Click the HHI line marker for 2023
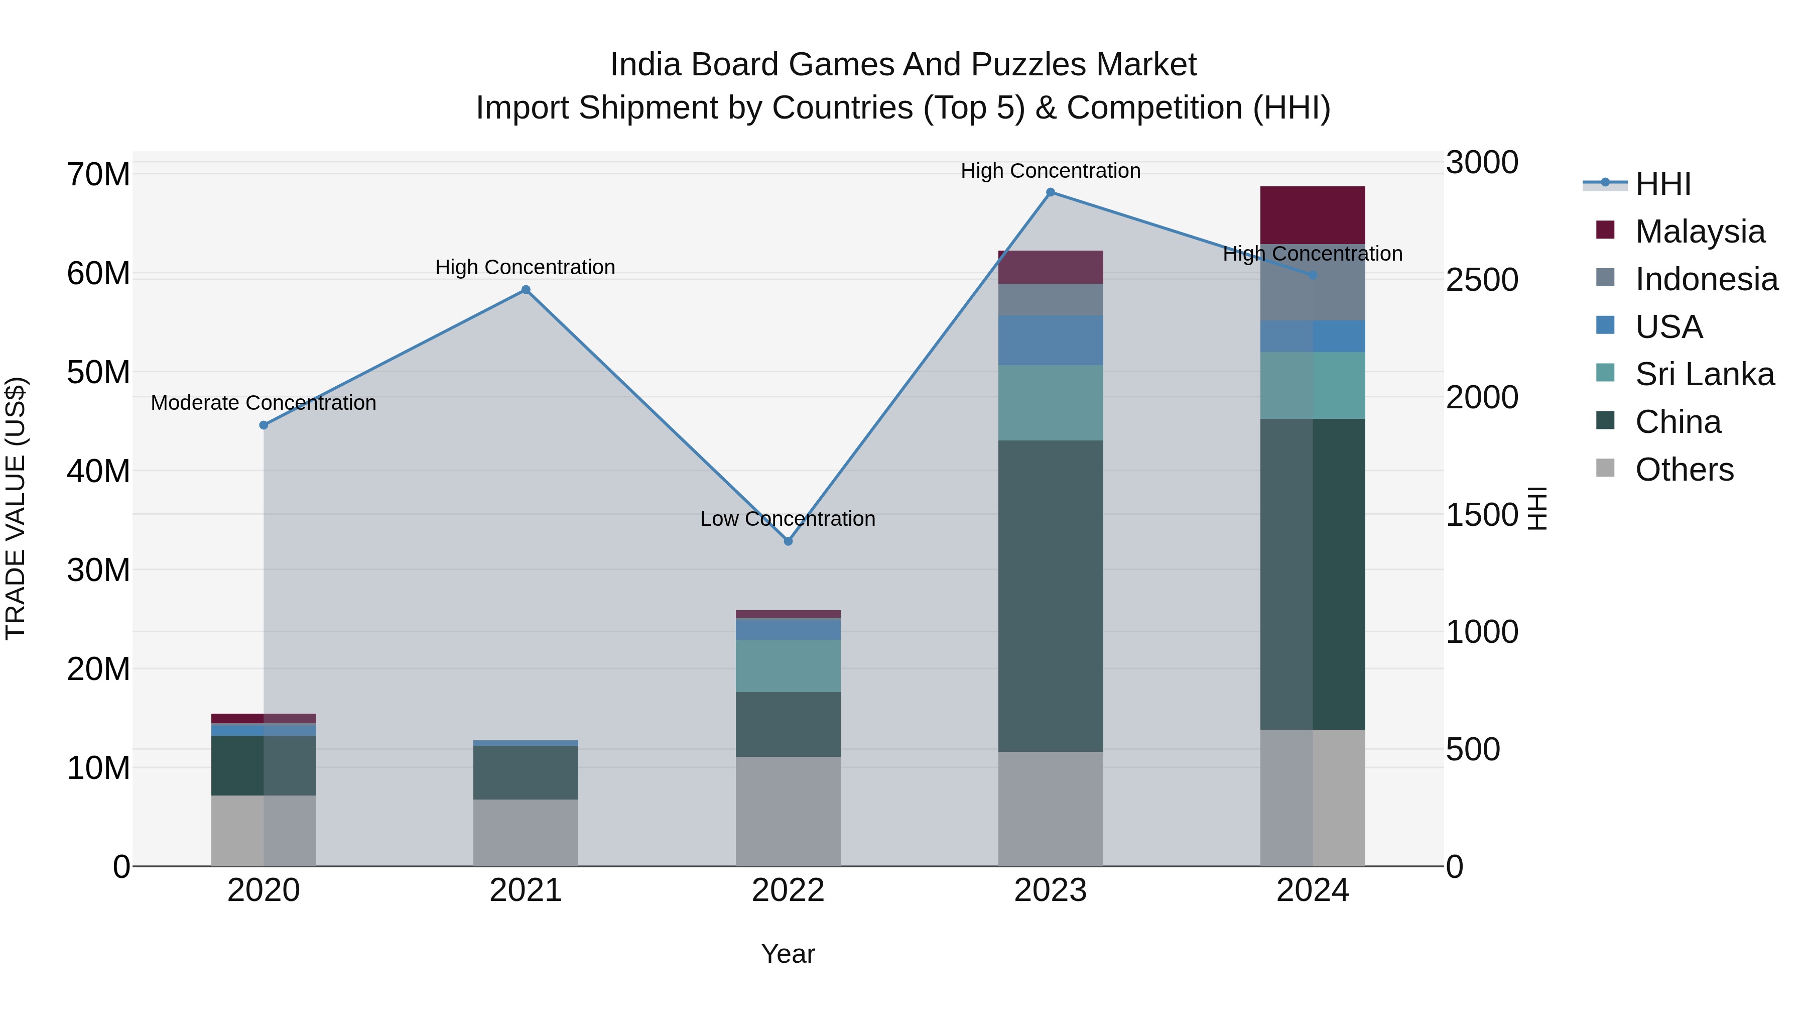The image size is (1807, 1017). click(1050, 192)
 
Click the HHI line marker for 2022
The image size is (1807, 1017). click(788, 541)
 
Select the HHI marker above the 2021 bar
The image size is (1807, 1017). click(526, 290)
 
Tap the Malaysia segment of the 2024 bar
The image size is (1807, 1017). click(1313, 215)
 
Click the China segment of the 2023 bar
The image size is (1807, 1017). click(1050, 597)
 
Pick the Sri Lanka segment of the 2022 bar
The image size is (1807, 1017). click(788, 665)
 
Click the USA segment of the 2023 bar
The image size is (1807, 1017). click(1050, 341)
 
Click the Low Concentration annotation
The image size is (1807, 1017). click(788, 519)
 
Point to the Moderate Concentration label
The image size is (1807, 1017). click(263, 403)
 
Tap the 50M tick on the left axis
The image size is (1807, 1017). click(98, 372)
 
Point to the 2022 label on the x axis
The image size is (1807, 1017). click(788, 890)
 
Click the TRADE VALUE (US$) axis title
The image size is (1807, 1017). click(16, 508)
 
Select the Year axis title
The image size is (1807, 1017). click(788, 954)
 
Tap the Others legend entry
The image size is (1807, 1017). click(1684, 470)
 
